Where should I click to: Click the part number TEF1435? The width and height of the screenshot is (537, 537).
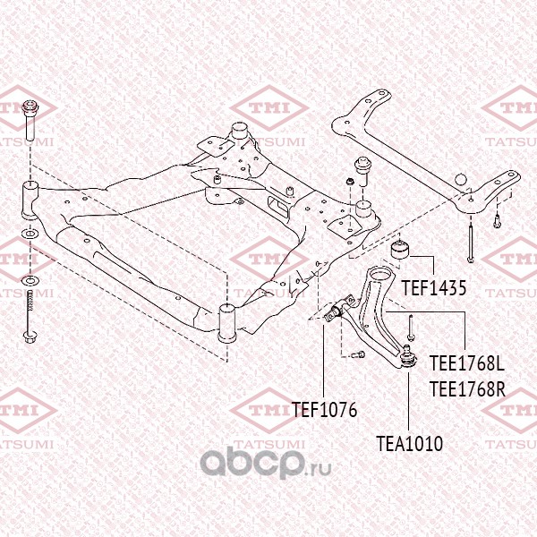coord(434,289)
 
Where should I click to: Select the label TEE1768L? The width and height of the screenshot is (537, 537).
coord(467,366)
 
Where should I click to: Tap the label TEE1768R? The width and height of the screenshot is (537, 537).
coord(467,389)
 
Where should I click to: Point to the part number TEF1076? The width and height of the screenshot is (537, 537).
coord(324,411)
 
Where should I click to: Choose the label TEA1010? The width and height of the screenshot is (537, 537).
coord(409,442)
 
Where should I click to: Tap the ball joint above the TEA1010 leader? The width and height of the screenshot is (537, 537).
coord(407,355)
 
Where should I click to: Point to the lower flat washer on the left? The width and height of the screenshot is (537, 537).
coord(30,282)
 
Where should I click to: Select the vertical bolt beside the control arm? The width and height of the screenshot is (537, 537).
coord(408,325)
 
